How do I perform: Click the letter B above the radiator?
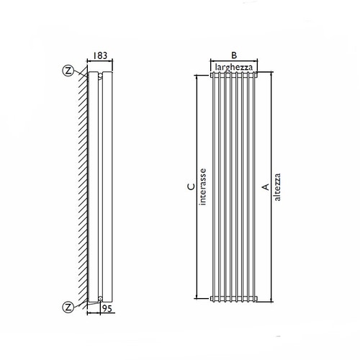[234, 55]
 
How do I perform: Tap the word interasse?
[204, 186]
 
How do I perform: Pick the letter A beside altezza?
[266, 186]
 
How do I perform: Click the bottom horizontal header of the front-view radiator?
[234, 297]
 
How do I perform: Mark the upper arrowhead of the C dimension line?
[197, 77]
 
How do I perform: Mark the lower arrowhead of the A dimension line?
[271, 300]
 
